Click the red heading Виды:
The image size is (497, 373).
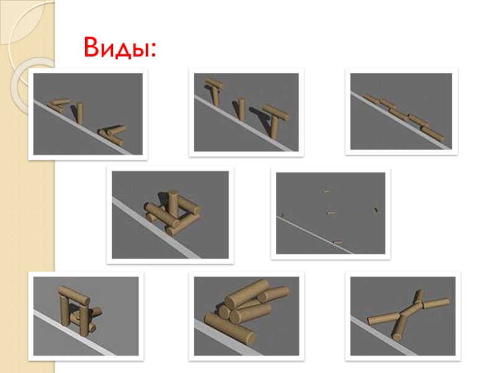tap(120, 47)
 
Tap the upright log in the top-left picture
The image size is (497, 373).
tap(80, 113)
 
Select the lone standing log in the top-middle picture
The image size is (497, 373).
tap(242, 109)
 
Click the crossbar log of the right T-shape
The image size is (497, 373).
tap(276, 112)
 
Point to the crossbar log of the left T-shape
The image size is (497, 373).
tap(214, 83)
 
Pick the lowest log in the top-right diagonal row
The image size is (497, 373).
tap(432, 134)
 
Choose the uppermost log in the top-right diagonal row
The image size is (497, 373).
tap(371, 98)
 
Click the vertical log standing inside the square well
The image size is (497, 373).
tap(173, 205)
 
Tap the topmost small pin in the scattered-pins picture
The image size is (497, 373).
tap(326, 191)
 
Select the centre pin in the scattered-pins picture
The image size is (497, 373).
tap(331, 213)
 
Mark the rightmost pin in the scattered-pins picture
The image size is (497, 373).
tap(376, 210)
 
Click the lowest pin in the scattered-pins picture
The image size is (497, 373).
tap(337, 242)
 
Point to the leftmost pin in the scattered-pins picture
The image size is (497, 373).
tap(283, 216)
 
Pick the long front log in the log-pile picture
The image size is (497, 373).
tap(229, 329)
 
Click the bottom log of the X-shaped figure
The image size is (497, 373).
tap(399, 328)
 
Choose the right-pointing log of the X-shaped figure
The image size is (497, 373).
tap(436, 303)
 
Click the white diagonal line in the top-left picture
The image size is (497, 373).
tap(83, 128)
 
